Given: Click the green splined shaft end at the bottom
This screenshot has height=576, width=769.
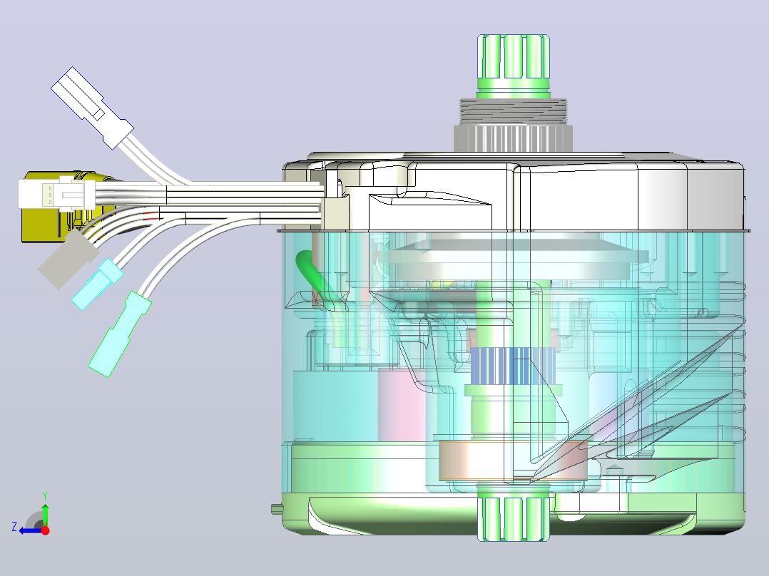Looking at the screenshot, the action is coord(514,519).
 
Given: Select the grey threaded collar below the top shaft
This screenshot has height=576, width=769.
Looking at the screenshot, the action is coord(513,112).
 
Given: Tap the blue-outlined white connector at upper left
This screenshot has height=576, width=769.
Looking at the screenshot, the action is coord(92,108).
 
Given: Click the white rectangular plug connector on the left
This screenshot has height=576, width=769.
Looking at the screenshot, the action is coord(57,194).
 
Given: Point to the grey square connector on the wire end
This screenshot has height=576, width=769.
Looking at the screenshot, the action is coord(68,259).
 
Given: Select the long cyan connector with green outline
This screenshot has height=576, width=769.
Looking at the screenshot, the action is coord(120,334).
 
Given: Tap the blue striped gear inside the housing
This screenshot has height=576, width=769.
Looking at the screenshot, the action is coord(513,366).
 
